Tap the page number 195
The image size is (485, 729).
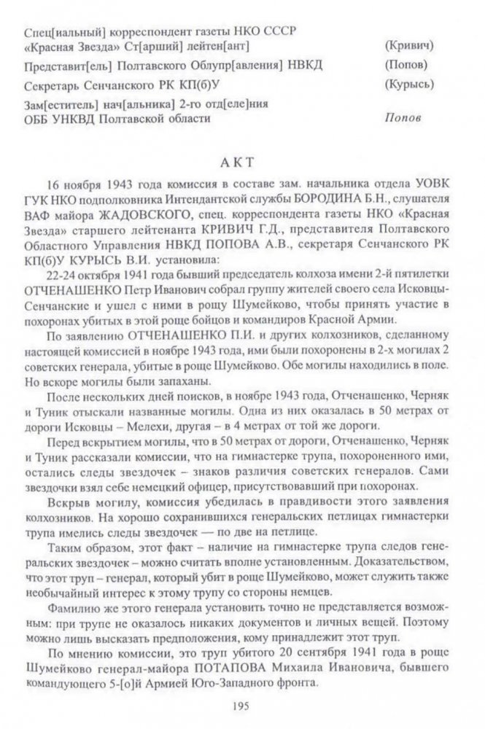point(241,704)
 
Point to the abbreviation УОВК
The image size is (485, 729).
point(428,184)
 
